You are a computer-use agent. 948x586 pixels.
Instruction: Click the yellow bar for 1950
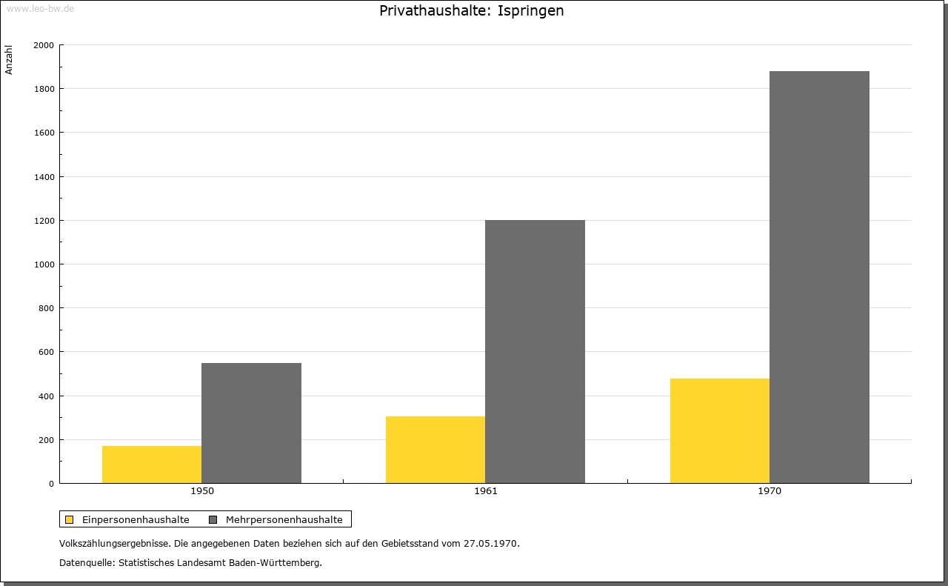[152, 465]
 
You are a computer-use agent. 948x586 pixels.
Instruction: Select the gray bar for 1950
[251, 423]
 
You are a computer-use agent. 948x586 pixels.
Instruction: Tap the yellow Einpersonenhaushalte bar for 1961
[435, 450]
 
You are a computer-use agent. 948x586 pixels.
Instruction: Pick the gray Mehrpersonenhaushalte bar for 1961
[535, 351]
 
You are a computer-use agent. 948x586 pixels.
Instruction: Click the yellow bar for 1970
[720, 430]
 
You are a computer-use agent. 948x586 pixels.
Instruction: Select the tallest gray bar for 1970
[819, 277]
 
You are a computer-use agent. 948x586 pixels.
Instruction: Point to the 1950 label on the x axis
[202, 491]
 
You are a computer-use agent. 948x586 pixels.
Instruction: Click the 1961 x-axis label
[486, 491]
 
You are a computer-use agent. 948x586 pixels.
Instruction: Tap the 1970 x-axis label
[770, 491]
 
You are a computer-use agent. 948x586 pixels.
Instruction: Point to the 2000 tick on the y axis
[44, 45]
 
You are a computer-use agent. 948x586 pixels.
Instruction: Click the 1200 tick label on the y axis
[44, 221]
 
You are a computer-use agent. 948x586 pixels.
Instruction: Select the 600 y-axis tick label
[46, 352]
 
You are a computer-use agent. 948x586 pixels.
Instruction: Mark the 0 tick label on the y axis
[52, 484]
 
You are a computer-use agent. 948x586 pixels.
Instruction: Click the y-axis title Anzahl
[9, 60]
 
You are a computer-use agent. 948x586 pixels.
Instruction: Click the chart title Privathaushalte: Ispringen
[472, 10]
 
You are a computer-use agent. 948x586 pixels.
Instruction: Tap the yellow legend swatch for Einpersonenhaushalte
[69, 519]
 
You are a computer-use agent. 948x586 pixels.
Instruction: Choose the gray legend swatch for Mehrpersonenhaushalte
[213, 519]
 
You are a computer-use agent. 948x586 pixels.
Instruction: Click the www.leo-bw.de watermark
[40, 8]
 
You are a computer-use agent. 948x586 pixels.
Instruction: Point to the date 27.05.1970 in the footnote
[490, 543]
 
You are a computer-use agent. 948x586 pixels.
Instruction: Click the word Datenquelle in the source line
[86, 563]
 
